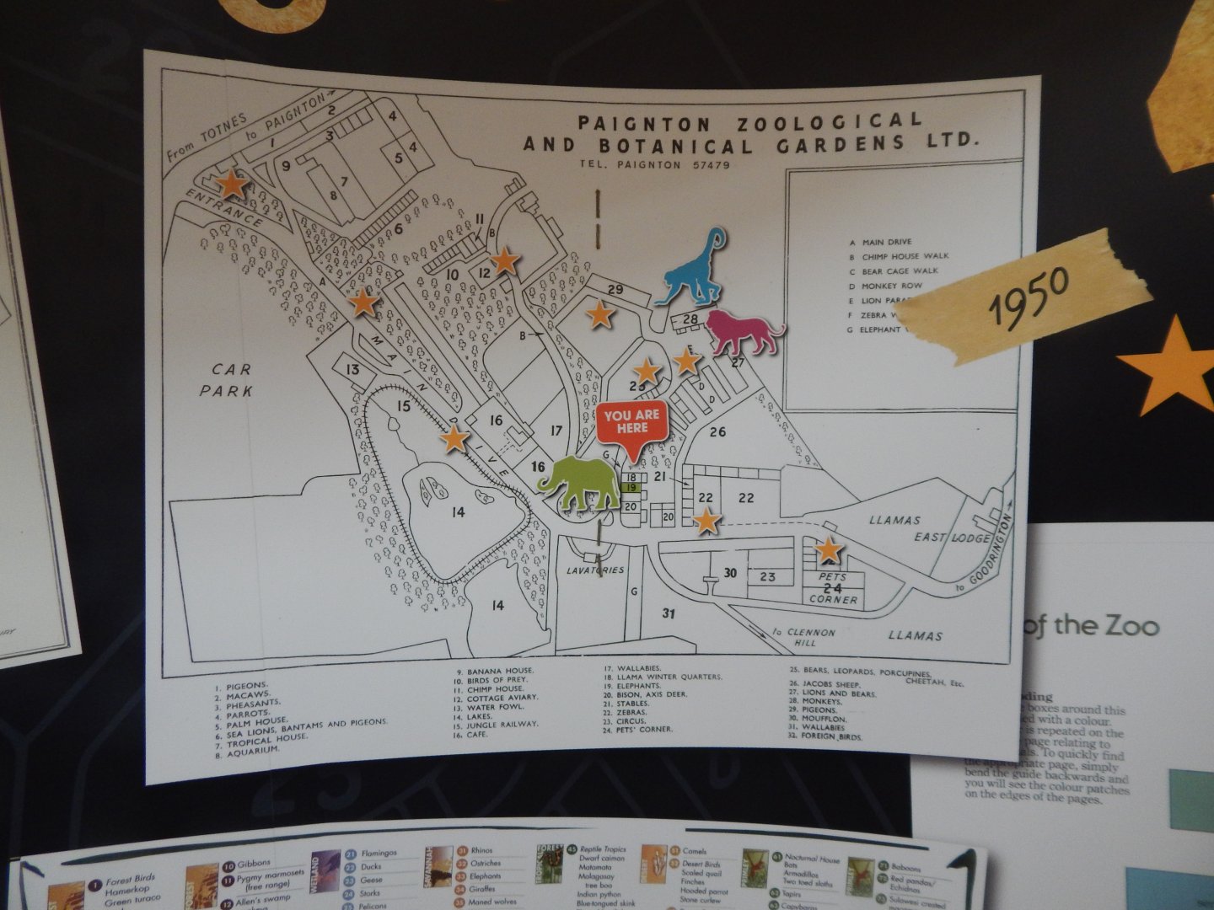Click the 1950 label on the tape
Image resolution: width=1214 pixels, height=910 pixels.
1029,295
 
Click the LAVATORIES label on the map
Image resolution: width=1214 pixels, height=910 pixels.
595,570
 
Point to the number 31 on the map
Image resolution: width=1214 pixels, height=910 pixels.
669,613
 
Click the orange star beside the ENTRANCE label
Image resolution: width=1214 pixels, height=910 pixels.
232,185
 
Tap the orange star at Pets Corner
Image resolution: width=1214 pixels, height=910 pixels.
830,550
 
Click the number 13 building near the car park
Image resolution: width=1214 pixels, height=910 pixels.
352,370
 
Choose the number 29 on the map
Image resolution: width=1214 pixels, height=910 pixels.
615,290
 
